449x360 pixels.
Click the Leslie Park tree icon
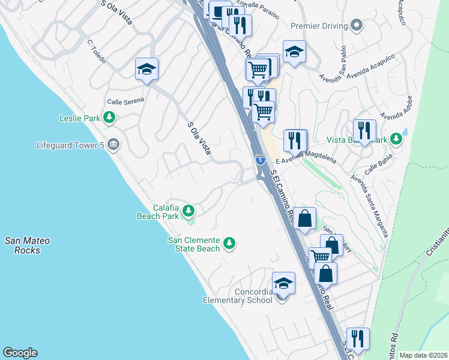(109, 118)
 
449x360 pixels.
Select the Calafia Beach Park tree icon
(188, 210)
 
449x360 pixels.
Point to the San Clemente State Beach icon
(229, 243)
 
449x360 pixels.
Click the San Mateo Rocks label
(28, 245)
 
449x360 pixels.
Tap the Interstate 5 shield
(260, 160)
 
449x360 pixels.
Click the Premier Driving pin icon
(357, 26)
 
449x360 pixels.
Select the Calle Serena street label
(125, 100)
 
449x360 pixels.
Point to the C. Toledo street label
(97, 52)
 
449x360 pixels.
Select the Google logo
(20, 353)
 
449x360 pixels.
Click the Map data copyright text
(423, 355)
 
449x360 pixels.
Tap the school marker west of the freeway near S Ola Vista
(146, 70)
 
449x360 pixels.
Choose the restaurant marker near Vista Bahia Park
(364, 131)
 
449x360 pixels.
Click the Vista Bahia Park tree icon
(396, 139)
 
